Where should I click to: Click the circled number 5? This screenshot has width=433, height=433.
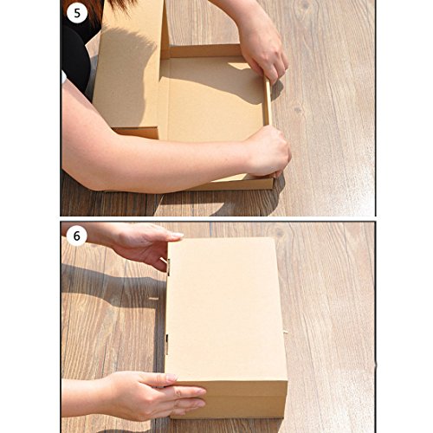coord(77,13)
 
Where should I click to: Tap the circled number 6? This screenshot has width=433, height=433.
coord(76,236)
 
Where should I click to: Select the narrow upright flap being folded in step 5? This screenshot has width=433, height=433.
coord(268,101)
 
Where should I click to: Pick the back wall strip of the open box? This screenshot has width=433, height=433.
coord(202,51)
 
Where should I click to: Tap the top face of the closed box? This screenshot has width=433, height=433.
coord(225,309)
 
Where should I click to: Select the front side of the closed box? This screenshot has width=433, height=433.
coord(228,400)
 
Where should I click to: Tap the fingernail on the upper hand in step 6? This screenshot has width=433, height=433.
coord(177,235)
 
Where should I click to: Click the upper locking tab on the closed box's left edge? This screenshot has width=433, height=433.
coord(167,265)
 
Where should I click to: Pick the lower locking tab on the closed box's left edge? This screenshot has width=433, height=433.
coord(166,344)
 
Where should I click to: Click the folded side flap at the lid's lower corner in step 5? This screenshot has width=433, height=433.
coord(136,132)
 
